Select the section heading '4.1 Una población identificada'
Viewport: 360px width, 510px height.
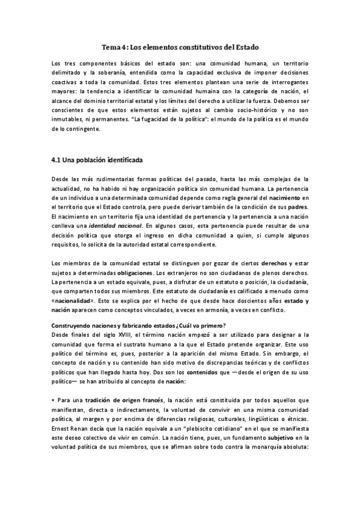click(96, 160)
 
